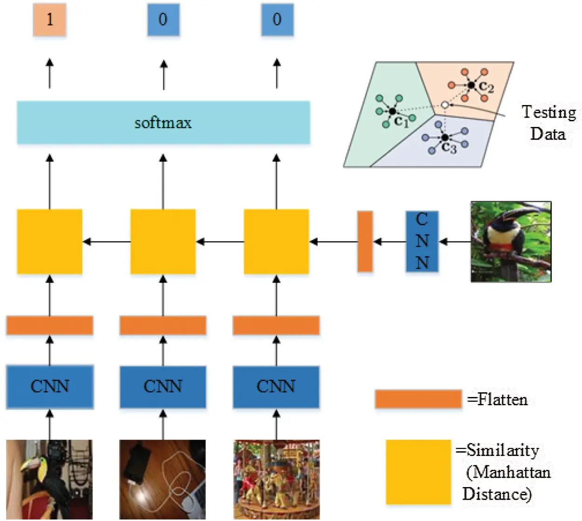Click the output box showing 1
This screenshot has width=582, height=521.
(x=49, y=20)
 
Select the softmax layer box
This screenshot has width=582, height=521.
(x=163, y=123)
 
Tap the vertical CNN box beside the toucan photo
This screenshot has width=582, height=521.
(x=422, y=241)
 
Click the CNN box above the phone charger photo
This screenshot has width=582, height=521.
(x=163, y=387)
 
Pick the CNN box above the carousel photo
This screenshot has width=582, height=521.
(x=276, y=387)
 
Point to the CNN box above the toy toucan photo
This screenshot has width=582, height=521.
(x=49, y=387)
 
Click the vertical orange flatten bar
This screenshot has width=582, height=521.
(x=365, y=241)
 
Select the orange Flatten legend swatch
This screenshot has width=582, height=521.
(x=418, y=399)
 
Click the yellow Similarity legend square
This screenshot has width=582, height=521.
(x=418, y=472)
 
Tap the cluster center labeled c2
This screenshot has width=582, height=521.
(x=472, y=86)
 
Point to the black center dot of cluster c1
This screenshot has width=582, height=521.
(x=393, y=112)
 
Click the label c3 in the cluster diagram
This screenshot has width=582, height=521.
(x=449, y=148)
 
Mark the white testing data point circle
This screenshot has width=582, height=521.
(x=445, y=105)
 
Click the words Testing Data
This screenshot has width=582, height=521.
(x=548, y=123)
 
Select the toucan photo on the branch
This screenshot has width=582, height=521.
(x=511, y=241)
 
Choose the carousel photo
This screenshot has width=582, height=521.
(x=276, y=479)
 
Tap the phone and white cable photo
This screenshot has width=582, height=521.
(x=162, y=479)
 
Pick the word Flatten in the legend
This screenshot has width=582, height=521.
(x=503, y=400)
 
